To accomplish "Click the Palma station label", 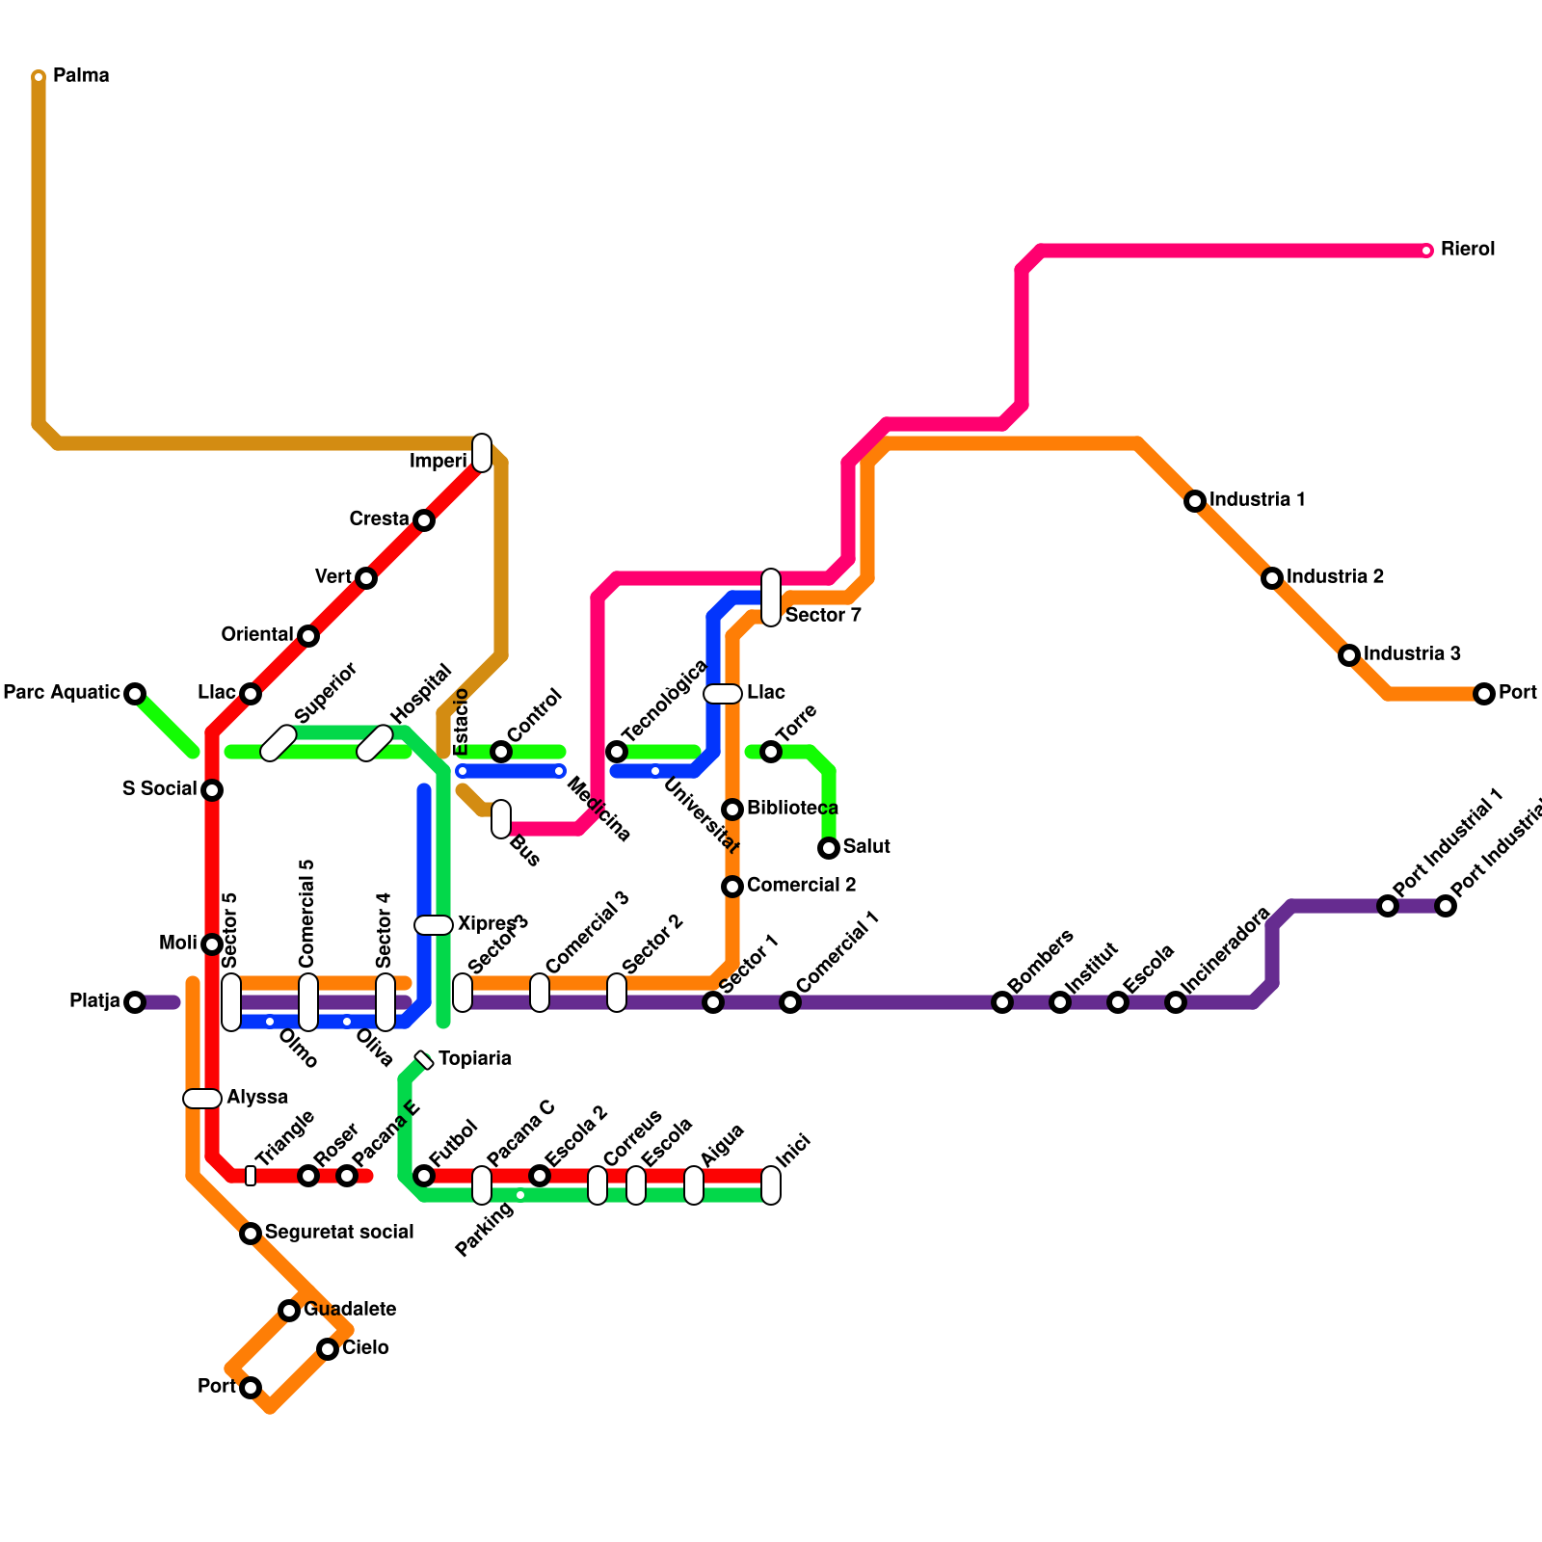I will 81,75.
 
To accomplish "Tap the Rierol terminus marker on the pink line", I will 1426,251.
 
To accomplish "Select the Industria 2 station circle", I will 1272,578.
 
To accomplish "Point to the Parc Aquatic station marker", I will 135,694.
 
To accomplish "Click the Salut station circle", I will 829,848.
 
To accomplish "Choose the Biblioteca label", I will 792,808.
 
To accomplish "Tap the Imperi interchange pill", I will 482,453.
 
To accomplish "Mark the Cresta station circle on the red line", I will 424,520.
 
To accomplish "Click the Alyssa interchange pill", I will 202,1099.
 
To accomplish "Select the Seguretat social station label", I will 339,1232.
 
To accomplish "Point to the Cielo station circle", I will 328,1349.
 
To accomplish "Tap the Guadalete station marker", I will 289,1311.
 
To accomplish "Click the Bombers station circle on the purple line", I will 1002,1002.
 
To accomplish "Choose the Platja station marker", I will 135,1002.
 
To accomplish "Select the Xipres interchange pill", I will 434,925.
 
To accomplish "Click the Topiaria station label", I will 474,1058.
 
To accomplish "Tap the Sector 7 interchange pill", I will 771,598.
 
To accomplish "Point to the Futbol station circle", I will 424,1176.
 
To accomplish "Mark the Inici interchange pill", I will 771,1185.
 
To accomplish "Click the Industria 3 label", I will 1412,653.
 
